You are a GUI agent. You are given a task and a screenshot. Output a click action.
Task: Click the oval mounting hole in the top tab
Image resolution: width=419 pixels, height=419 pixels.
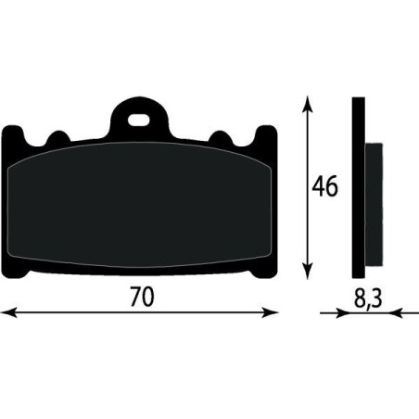coord(141,120)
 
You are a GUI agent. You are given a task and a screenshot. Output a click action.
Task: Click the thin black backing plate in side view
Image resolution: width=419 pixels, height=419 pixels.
coord(357,185)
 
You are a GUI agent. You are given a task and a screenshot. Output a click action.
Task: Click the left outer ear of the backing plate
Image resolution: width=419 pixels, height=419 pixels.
coord(14,139)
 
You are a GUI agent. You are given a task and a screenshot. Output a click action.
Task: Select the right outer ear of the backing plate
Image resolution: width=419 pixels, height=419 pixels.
coord(267,139)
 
